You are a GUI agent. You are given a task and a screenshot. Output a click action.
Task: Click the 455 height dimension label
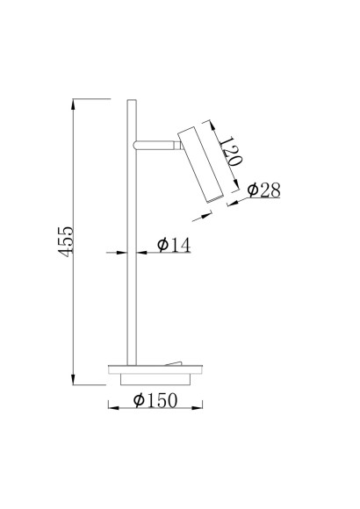tap(66, 240)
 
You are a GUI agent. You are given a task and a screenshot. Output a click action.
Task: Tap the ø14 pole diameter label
tap(174, 245)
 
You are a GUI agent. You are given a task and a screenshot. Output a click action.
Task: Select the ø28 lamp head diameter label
tap(263, 190)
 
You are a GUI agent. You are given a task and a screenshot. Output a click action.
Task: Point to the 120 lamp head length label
tap(231, 152)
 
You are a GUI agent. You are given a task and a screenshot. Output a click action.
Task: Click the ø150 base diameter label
tap(155, 400)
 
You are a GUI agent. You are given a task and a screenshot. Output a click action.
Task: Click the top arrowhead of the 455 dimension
tap(74, 104)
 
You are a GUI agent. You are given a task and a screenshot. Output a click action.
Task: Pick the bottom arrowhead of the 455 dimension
tap(74, 379)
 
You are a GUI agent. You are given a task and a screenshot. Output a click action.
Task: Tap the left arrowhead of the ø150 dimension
tap(114, 408)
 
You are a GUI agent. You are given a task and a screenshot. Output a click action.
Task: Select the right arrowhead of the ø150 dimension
tap(197, 408)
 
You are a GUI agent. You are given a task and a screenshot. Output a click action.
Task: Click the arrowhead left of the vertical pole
tap(121, 252)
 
